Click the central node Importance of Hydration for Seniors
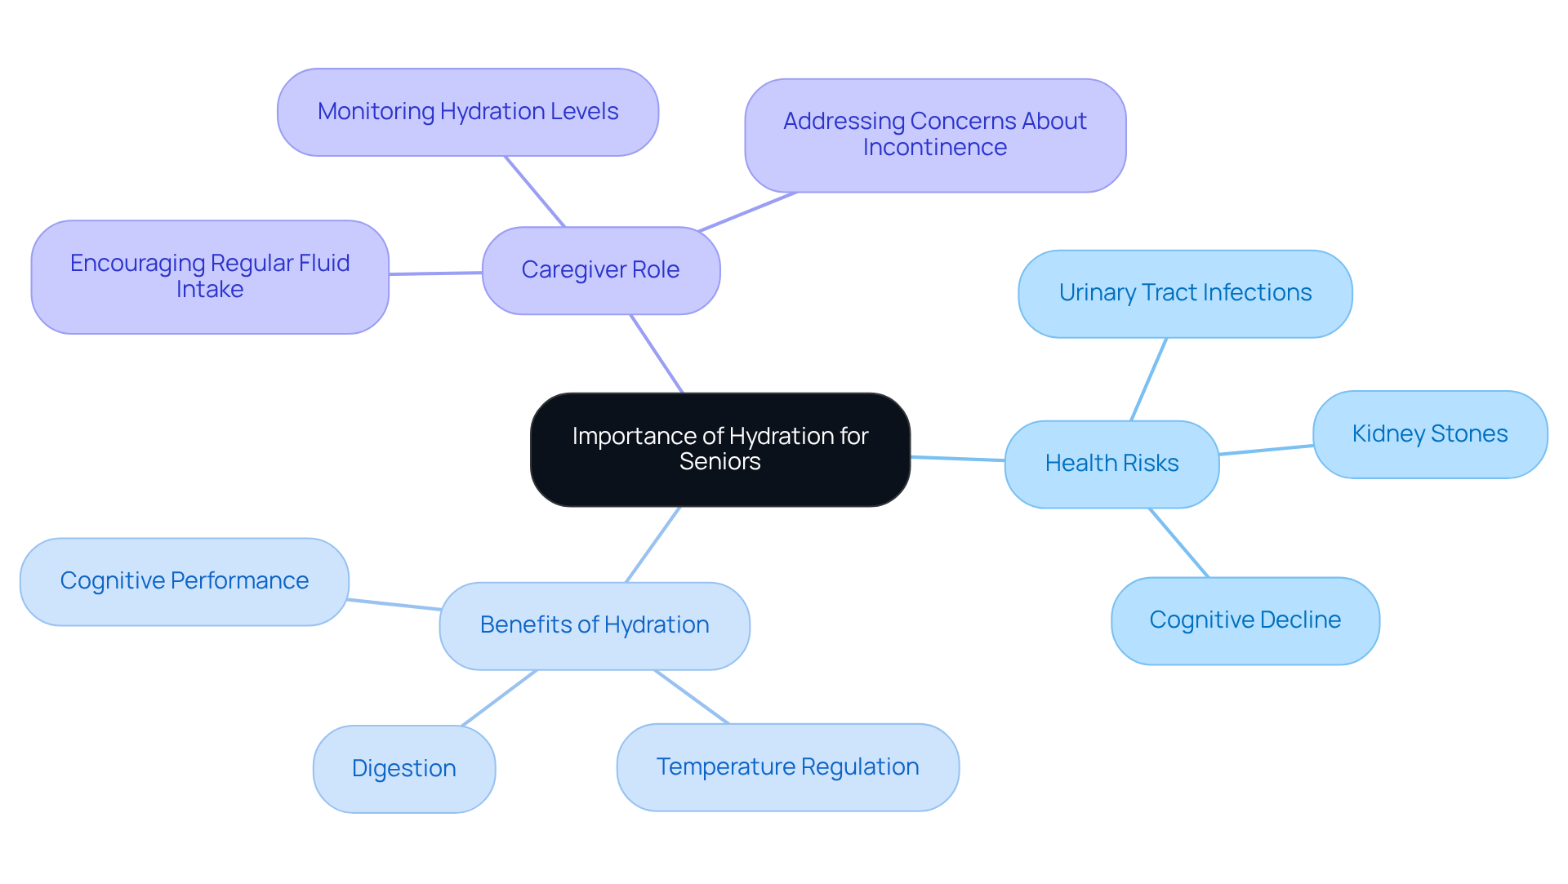pyautogui.click(x=719, y=449)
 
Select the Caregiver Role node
pyautogui.click(x=600, y=270)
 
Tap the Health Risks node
pyautogui.click(x=1111, y=464)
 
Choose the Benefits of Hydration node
pyautogui.click(x=594, y=625)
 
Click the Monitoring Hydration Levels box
pyautogui.click(x=467, y=112)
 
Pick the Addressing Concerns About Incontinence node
pyautogui.click(x=934, y=135)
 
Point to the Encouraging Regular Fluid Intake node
pyautogui.click(x=209, y=277)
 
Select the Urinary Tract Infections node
pyautogui.click(x=1184, y=293)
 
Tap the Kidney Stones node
pyautogui.click(x=1429, y=434)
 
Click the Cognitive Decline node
pyautogui.click(x=1245, y=620)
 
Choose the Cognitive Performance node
pyautogui.click(x=184, y=581)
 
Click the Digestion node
pyautogui.click(x=403, y=769)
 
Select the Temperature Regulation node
pyautogui.click(x=787, y=767)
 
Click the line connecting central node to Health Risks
pyautogui.click(x=957, y=459)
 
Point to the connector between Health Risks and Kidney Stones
pyautogui.click(x=1266, y=450)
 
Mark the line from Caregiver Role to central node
pyautogui.click(x=657, y=353)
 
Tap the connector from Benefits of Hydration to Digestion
pyautogui.click(x=499, y=698)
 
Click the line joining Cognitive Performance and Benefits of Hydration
pyautogui.click(x=394, y=605)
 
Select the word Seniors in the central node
pyautogui.click(x=719, y=462)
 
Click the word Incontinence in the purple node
pyautogui.click(x=934, y=148)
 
